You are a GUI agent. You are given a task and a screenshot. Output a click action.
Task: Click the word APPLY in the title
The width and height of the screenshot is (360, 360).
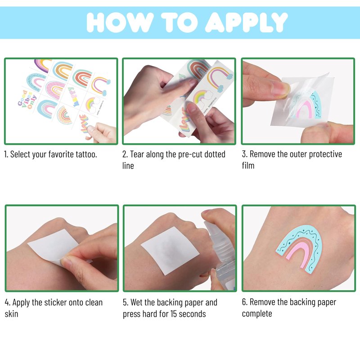[246, 22]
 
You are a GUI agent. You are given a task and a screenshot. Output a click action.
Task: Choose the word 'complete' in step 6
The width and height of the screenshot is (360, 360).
[257, 314]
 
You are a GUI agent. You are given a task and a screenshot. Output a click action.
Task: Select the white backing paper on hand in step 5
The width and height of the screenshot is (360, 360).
[170, 251]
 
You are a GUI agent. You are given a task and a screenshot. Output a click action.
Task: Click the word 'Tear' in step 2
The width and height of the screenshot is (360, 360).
[138, 154]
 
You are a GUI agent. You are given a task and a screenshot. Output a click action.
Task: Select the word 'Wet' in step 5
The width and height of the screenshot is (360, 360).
[137, 302]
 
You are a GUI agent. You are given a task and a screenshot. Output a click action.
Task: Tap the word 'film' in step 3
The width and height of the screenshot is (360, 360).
[248, 166]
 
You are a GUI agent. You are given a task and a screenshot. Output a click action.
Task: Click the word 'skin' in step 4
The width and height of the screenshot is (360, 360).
[12, 314]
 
